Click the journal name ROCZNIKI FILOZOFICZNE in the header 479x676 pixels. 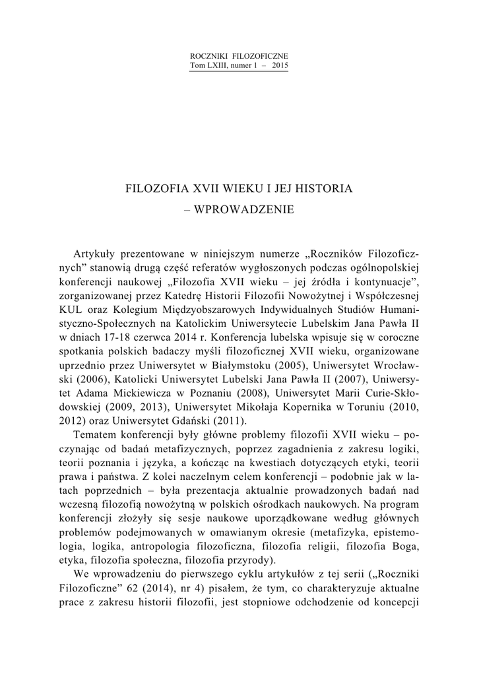(239, 57)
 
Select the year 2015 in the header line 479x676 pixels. (280, 66)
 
